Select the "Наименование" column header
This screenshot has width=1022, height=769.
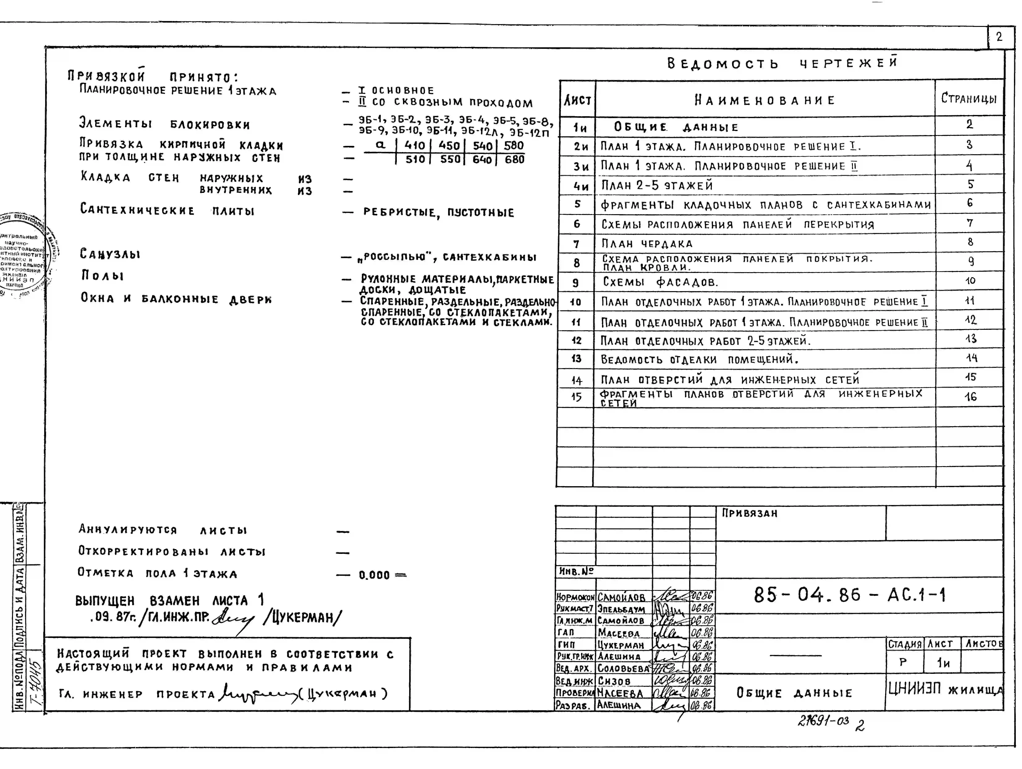pyautogui.click(x=765, y=100)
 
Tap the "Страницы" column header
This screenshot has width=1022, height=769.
pyautogui.click(x=969, y=98)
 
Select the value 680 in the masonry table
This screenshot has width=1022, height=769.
pyautogui.click(x=514, y=159)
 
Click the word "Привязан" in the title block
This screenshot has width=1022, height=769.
pyautogui.click(x=749, y=513)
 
